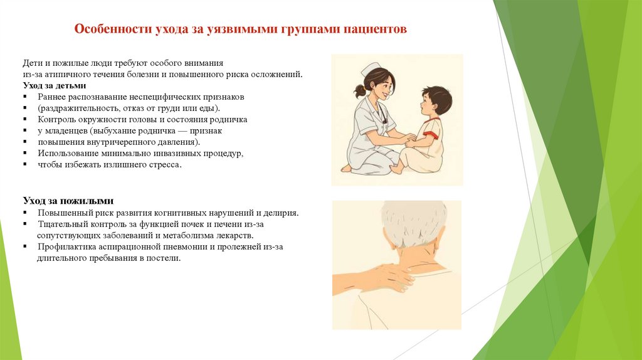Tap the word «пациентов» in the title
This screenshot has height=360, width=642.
coord(377,29)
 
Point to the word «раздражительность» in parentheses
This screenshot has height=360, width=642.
coord(74,108)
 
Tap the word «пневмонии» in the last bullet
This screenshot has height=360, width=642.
coord(193,246)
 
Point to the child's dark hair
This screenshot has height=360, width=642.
coord(437,98)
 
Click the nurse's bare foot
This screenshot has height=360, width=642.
coord(347,168)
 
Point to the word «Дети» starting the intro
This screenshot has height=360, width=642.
coord(32,63)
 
